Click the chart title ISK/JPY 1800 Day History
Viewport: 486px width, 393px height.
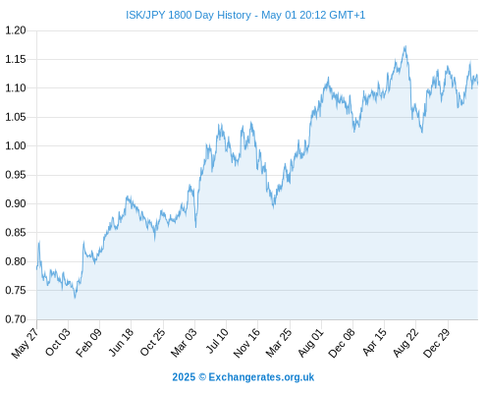coord(189,15)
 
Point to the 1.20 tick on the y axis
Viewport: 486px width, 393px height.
coord(16,30)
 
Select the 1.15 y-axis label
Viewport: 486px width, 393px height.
coord(16,59)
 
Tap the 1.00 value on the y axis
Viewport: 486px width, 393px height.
coord(16,145)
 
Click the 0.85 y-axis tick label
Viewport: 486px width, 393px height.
coord(16,233)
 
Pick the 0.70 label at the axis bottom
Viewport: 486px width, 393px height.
coord(16,319)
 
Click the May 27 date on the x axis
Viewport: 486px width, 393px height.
coord(25,343)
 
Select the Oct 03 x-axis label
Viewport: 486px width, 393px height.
coord(57,342)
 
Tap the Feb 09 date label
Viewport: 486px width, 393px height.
coord(88,343)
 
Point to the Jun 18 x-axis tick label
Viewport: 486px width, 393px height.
coord(121,342)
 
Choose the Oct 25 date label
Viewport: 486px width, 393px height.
coord(152,342)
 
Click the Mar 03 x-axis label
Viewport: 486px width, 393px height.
coord(184,343)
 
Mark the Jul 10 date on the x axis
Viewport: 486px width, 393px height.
coord(217,341)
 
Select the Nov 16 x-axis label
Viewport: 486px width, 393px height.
coord(246,343)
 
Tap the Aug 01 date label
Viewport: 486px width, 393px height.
coord(310,343)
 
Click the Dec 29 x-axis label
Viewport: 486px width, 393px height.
coord(437,343)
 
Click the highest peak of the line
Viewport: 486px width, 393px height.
coord(405,46)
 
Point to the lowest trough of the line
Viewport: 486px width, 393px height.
coord(75,298)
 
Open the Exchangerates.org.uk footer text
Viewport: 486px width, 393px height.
coord(261,377)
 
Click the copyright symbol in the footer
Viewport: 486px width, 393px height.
coord(202,377)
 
